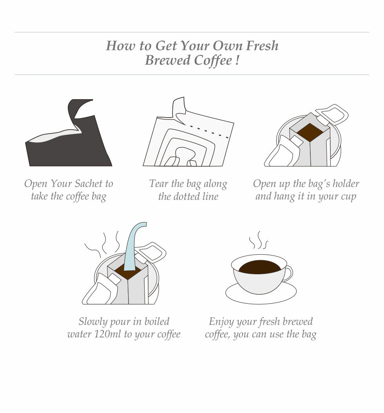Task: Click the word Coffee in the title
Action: click(213, 60)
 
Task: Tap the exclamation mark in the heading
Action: click(237, 60)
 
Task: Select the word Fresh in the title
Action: click(262, 45)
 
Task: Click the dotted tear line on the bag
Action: click(209, 132)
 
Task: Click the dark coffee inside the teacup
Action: click(260, 267)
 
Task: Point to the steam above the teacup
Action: click(258, 240)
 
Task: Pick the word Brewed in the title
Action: click(168, 60)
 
